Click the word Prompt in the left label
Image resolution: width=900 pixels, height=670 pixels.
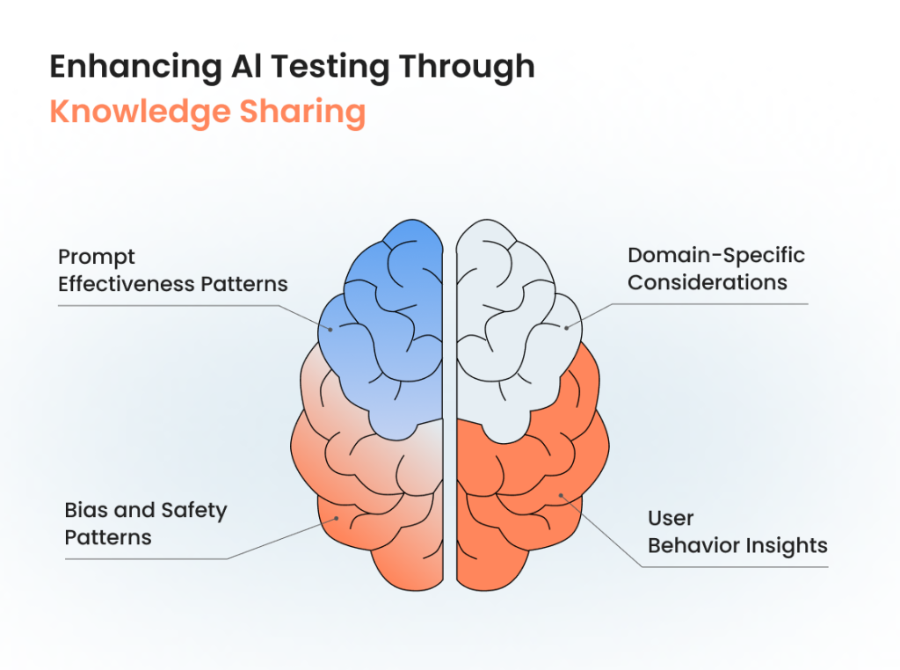(x=97, y=258)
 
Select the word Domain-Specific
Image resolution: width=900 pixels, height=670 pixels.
(x=716, y=256)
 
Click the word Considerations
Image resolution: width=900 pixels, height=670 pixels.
(x=708, y=282)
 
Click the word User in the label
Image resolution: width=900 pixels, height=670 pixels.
(x=671, y=518)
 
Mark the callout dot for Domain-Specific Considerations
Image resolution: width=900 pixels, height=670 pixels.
(x=567, y=328)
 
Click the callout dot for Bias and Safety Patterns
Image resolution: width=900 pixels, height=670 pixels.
(x=336, y=520)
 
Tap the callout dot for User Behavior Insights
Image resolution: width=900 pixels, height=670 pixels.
(x=562, y=498)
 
